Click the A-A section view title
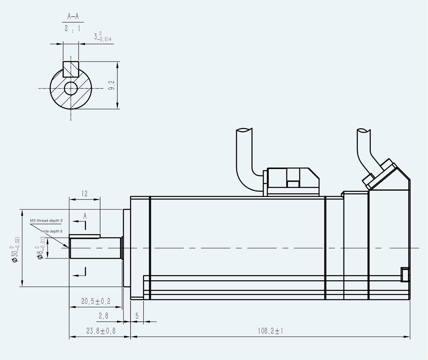[x=73, y=16]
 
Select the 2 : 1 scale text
[x=72, y=28]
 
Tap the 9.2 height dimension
[x=112, y=85]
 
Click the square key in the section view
[x=71, y=69]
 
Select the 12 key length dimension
[x=85, y=194]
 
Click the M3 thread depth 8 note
[x=46, y=221]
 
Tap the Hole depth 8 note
[x=52, y=231]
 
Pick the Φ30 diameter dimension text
[x=15, y=249]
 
